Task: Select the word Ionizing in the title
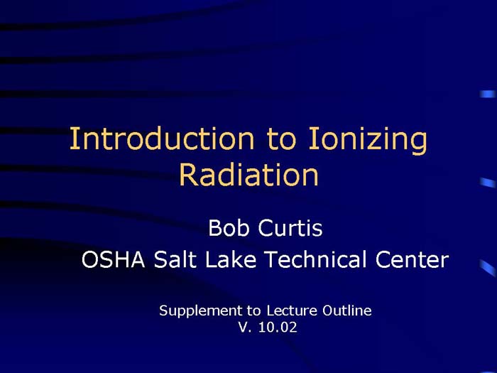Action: (x=369, y=141)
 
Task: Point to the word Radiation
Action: (x=248, y=175)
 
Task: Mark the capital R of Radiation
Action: (x=187, y=175)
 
